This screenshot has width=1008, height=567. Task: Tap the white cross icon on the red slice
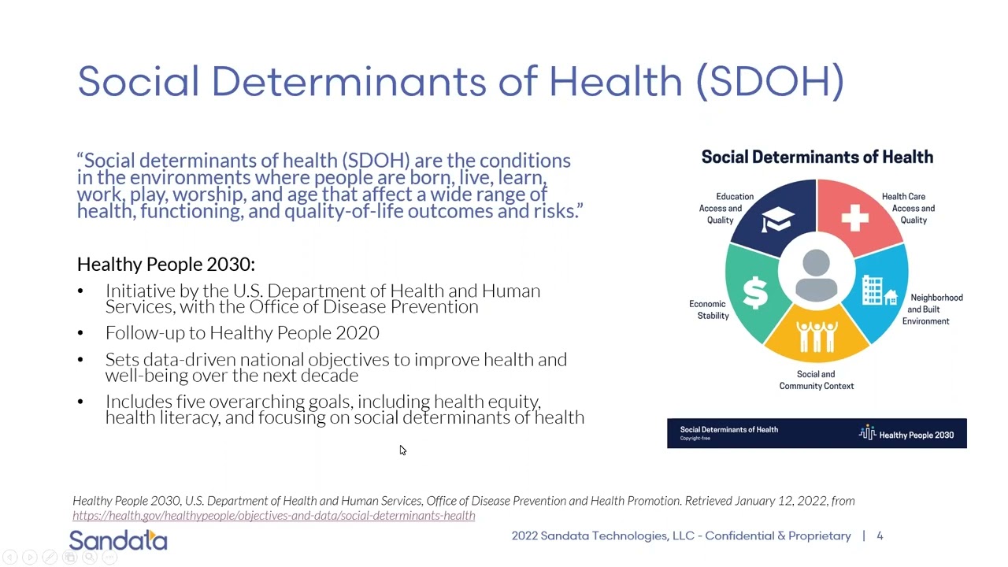pyautogui.click(x=854, y=217)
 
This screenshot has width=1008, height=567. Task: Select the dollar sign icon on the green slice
pyautogui.click(x=755, y=292)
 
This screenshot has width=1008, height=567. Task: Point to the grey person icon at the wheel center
pyautogui.click(x=817, y=276)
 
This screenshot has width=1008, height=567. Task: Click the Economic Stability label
pyautogui.click(x=709, y=309)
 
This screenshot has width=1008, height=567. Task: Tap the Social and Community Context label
pyautogui.click(x=817, y=380)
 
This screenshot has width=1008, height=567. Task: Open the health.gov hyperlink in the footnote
pyautogui.click(x=273, y=516)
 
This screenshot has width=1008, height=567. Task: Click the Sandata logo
pyautogui.click(x=118, y=540)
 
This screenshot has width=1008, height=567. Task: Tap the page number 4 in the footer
pyautogui.click(x=880, y=536)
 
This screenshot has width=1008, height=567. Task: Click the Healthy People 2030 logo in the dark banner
pyautogui.click(x=906, y=434)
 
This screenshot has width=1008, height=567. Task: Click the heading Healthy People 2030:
pyautogui.click(x=166, y=265)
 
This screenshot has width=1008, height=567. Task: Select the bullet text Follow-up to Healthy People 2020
pyautogui.click(x=243, y=333)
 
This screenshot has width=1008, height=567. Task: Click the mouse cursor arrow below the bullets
pyautogui.click(x=402, y=450)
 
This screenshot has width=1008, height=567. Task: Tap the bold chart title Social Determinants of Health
pyautogui.click(x=817, y=157)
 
